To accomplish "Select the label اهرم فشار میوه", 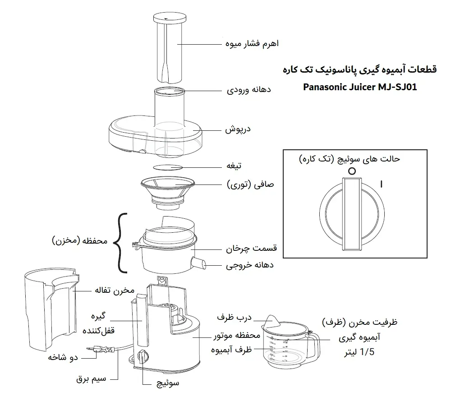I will (x=252, y=44).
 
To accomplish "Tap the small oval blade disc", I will (x=167, y=167).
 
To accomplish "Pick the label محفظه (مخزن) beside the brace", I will (x=78, y=241).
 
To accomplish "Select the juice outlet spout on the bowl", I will (x=198, y=263).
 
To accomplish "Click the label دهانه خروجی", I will (x=249, y=265).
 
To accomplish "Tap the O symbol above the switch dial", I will (x=352, y=171).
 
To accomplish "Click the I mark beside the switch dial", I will (x=382, y=184).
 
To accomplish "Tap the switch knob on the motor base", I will (x=143, y=357).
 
